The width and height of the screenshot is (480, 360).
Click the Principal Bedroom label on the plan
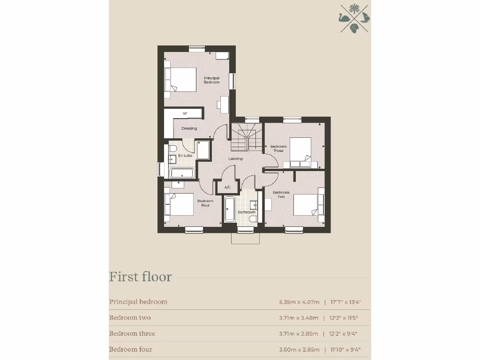211,80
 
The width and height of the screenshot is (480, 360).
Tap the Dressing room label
189,128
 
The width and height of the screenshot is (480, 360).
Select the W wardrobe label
185,113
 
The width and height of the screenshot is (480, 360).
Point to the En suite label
185,156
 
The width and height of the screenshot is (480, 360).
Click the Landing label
235,159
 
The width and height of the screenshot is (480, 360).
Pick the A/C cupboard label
228,187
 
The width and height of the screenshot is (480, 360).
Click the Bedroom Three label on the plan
278,149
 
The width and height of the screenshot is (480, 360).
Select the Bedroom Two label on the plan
281,195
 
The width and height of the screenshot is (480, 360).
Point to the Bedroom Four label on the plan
205,203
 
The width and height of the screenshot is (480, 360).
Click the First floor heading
140,277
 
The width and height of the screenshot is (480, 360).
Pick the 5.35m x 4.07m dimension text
299,302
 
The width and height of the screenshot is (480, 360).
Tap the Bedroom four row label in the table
130,349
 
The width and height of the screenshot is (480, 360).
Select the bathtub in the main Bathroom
230,209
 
